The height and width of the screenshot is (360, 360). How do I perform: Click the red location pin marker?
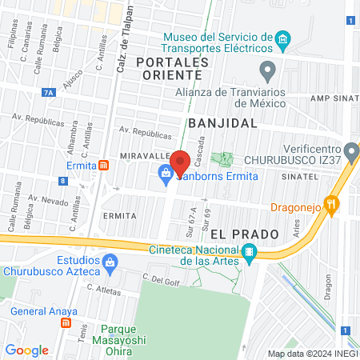coord(180,162)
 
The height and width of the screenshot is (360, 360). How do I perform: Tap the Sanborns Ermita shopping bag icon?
coord(165,171)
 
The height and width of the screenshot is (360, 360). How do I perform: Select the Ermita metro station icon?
coord(104,165)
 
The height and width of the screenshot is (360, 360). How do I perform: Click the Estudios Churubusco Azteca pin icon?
coord(110,262)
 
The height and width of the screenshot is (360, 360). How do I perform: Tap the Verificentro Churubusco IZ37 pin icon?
coord(351,150)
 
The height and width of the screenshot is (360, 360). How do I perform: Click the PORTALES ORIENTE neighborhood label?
coord(167,68)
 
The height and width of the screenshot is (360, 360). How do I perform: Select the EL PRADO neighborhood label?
coord(244,234)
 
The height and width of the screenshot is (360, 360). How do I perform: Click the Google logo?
coord(27,350)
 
